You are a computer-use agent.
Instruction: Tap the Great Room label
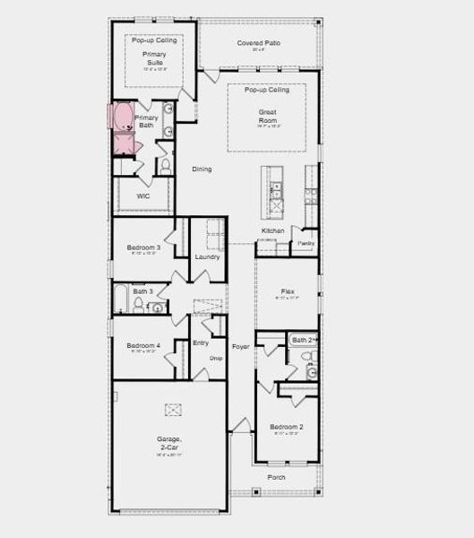[x=267, y=115]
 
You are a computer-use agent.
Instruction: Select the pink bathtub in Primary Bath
[x=122, y=117]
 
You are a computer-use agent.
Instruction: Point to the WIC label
[x=142, y=195]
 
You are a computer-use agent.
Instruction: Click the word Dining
[x=202, y=169]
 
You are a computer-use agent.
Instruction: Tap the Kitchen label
[x=272, y=230]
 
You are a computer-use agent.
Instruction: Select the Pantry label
[x=306, y=242]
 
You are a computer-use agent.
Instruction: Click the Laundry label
[x=207, y=257]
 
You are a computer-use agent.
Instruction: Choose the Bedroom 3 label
[x=143, y=247]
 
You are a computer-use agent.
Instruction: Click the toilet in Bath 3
[x=139, y=305]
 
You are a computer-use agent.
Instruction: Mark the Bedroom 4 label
[x=143, y=346]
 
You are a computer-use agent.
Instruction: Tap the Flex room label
[x=288, y=291]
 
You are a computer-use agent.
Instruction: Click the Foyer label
[x=240, y=346]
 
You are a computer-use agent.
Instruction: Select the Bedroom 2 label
[x=288, y=427]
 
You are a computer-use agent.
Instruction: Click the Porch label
[x=276, y=477]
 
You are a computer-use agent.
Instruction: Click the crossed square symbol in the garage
[x=173, y=410]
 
